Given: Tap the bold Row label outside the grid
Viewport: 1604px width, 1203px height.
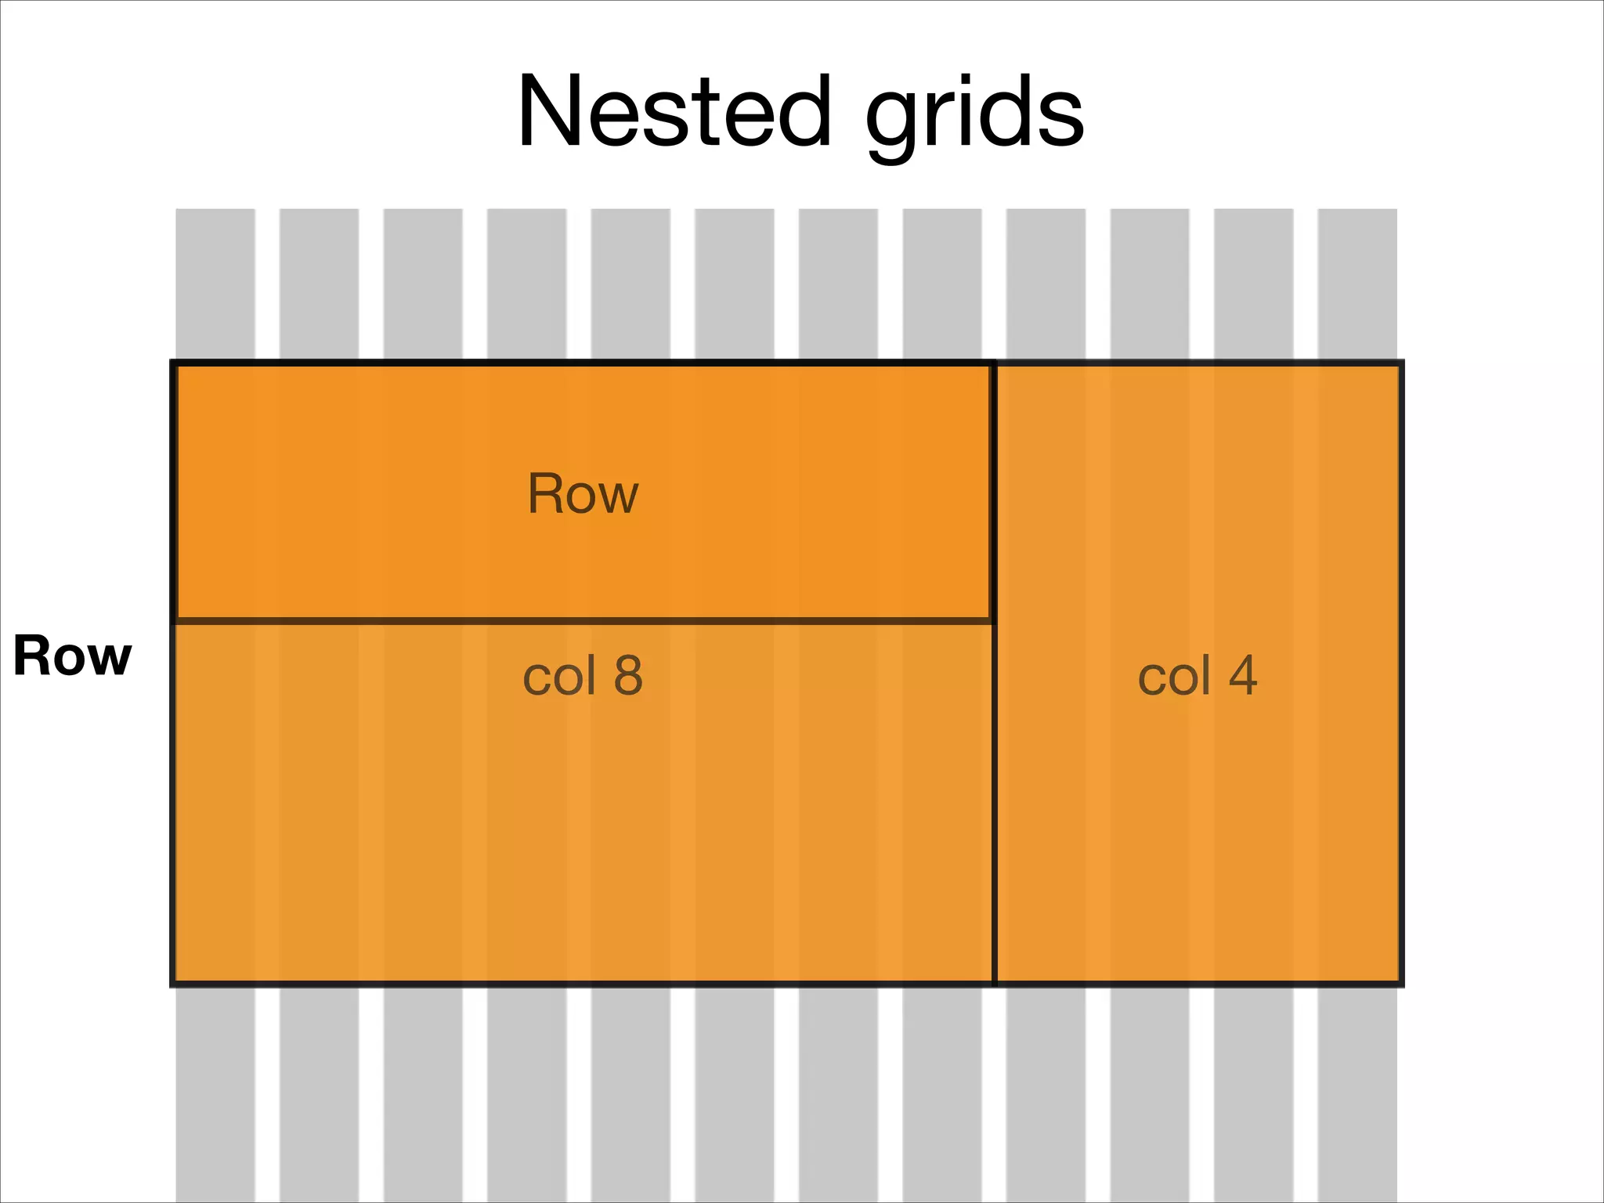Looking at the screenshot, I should (x=72, y=656).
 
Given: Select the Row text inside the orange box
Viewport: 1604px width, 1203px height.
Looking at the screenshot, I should (x=583, y=494).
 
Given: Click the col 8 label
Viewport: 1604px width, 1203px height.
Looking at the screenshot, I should (x=583, y=676).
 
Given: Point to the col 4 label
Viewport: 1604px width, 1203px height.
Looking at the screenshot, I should (x=1197, y=676).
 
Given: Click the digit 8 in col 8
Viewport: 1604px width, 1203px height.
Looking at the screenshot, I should (x=628, y=675).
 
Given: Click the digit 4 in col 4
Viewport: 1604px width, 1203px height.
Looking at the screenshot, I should (x=1243, y=675).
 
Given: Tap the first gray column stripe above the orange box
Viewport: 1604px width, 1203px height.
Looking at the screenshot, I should (x=215, y=282).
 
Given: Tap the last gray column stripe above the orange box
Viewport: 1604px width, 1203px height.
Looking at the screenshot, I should (x=1357, y=282).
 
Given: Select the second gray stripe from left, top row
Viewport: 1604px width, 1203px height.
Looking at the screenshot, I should (x=319, y=282).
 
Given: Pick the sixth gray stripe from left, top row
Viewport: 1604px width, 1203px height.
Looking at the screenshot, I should (x=735, y=282).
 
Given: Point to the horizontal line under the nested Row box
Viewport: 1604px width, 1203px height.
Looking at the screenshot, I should (x=583, y=621).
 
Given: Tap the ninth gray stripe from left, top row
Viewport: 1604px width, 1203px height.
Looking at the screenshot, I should (x=1046, y=282).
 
